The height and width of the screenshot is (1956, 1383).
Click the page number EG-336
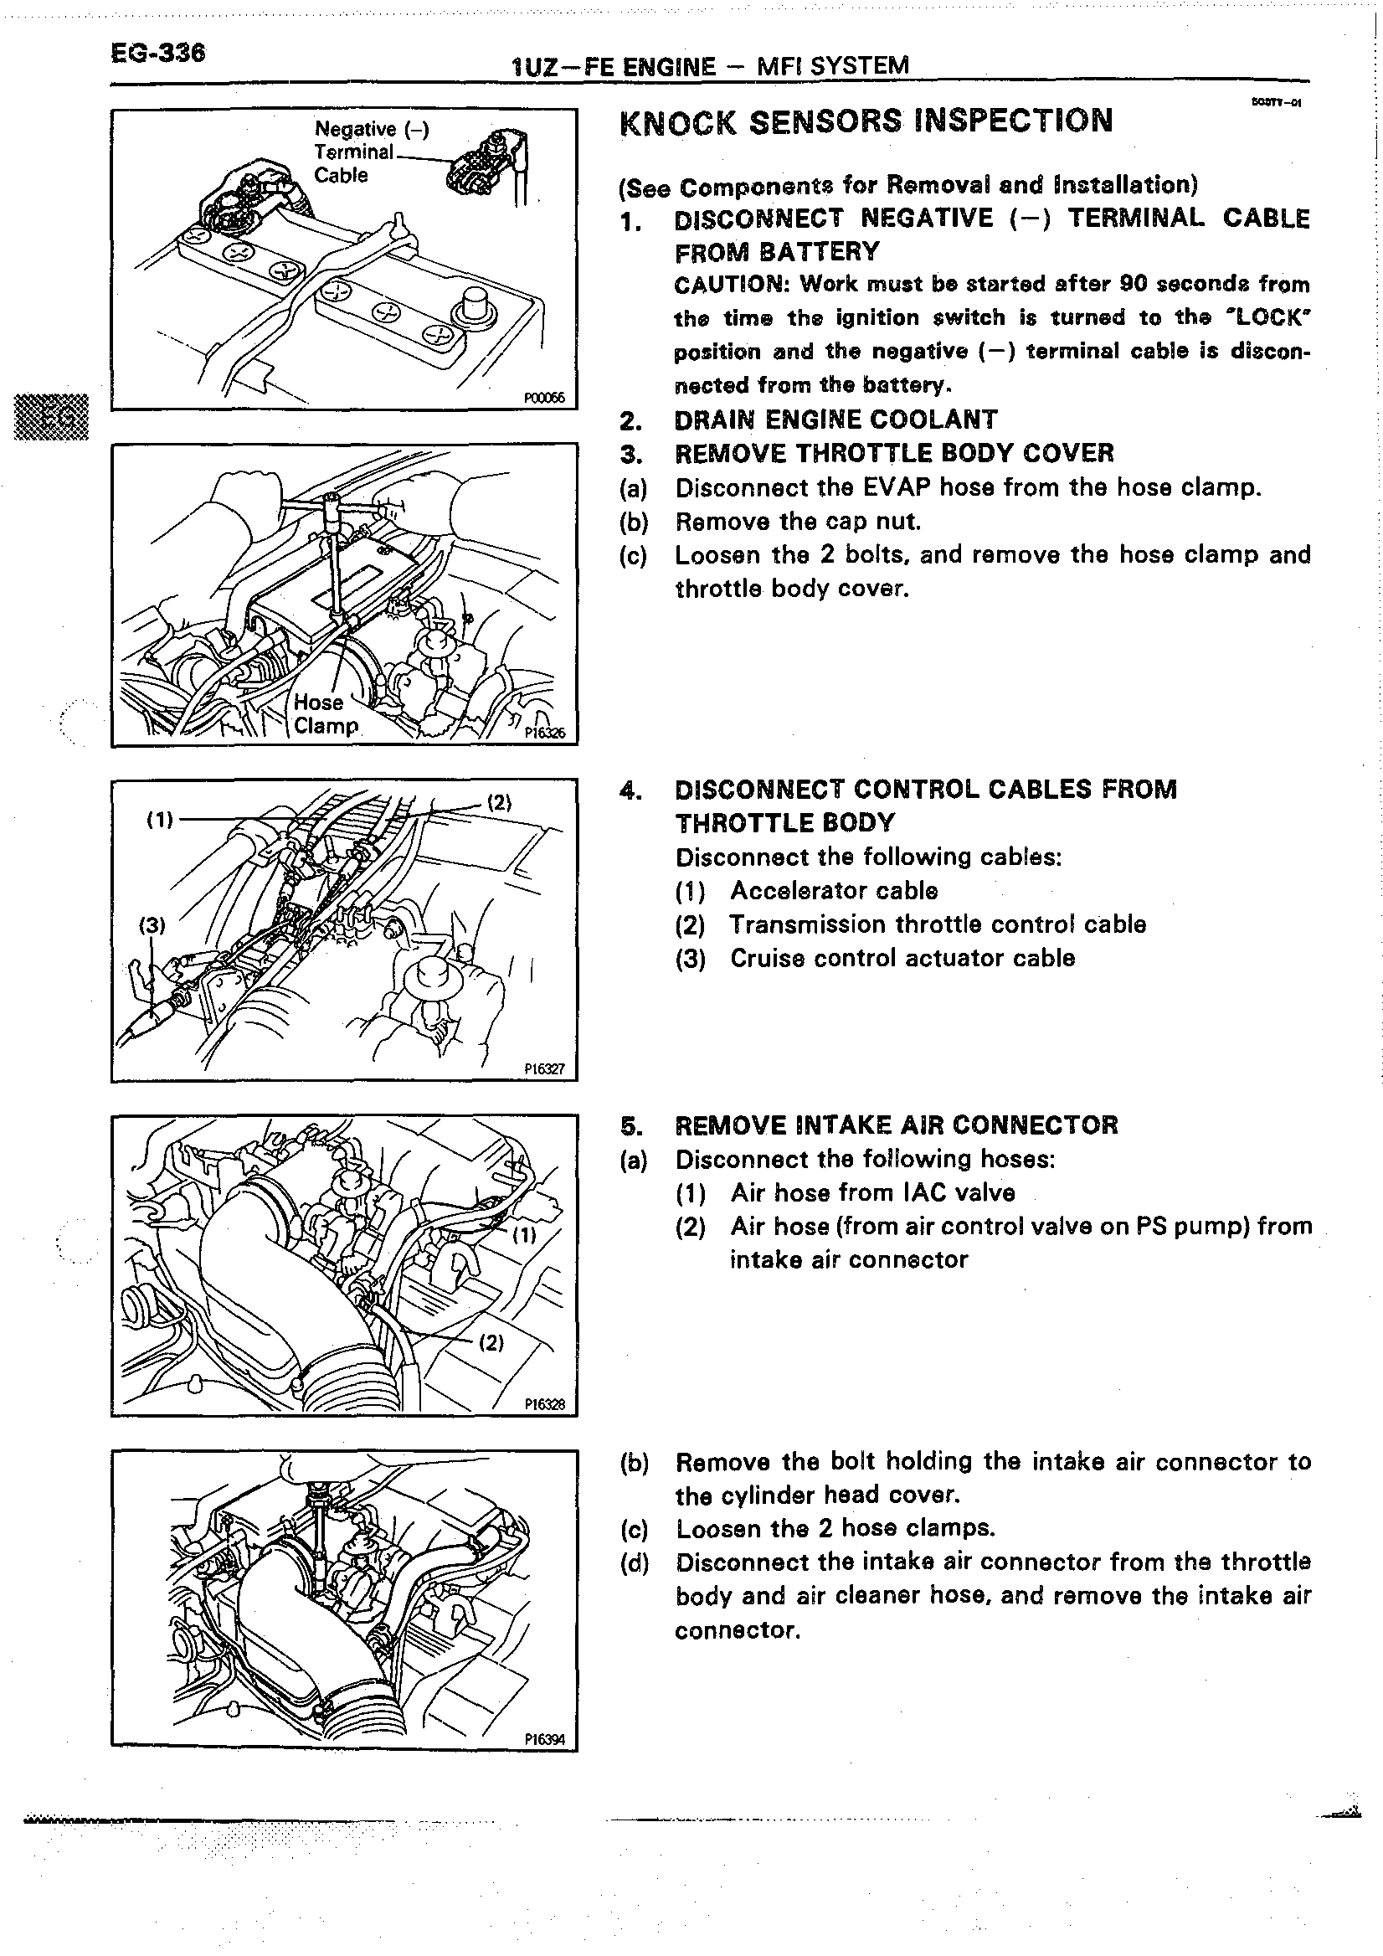click(x=157, y=53)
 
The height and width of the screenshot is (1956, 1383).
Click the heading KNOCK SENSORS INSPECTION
click(x=866, y=121)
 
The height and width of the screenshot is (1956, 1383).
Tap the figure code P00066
click(x=544, y=398)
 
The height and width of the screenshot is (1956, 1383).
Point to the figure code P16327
click(x=544, y=1069)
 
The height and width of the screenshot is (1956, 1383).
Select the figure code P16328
click(x=544, y=1405)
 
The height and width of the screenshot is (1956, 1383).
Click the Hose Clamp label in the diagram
click(x=325, y=714)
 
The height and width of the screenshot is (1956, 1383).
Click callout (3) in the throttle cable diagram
click(x=152, y=925)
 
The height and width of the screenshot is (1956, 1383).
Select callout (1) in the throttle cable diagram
click(x=159, y=820)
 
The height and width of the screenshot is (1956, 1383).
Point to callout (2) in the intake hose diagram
click(x=491, y=1343)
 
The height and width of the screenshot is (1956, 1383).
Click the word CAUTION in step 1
click(x=731, y=284)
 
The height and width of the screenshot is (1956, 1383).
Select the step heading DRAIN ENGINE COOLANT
click(x=835, y=420)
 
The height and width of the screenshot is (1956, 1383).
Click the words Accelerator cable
click(x=834, y=891)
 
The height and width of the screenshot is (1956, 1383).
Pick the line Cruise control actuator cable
click(x=902, y=959)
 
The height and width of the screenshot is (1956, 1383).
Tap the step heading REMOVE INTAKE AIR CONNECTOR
click(x=896, y=1125)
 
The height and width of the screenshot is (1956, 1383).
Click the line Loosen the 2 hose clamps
click(x=835, y=1528)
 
